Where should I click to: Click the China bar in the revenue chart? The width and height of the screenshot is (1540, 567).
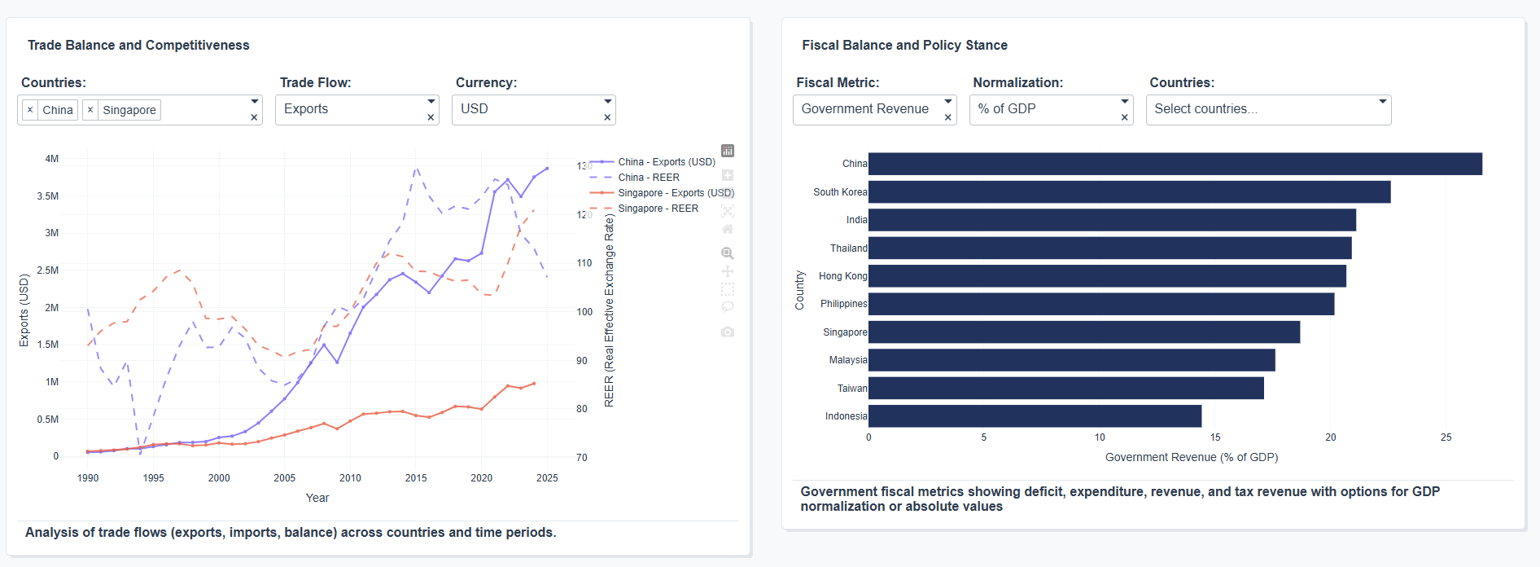tap(1175, 164)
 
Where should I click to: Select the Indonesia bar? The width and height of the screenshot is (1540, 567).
tap(1035, 416)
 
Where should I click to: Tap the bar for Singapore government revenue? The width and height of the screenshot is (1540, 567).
tap(1083, 332)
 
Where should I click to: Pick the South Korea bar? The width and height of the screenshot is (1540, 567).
tap(1129, 192)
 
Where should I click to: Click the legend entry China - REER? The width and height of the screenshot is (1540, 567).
tap(648, 178)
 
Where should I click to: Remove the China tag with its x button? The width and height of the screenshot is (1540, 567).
tap(30, 110)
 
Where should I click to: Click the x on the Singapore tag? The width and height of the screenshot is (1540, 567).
tap(90, 110)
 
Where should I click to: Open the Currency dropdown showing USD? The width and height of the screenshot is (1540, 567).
tap(527, 109)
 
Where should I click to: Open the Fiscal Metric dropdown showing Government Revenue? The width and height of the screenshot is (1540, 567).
tap(868, 109)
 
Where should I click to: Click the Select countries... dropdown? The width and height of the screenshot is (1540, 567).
tap(1262, 109)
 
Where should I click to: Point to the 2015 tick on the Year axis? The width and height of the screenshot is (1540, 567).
tap(416, 478)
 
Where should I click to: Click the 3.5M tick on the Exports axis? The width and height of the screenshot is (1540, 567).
tap(48, 196)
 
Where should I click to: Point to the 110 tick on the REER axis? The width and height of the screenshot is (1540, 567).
tap(584, 263)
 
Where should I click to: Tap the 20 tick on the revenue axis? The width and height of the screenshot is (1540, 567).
tap(1330, 437)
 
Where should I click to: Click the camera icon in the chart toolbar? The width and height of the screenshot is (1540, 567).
tap(728, 332)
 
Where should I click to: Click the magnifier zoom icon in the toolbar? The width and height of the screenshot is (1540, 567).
tap(728, 253)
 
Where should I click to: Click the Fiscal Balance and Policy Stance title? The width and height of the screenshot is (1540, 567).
tap(904, 46)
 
